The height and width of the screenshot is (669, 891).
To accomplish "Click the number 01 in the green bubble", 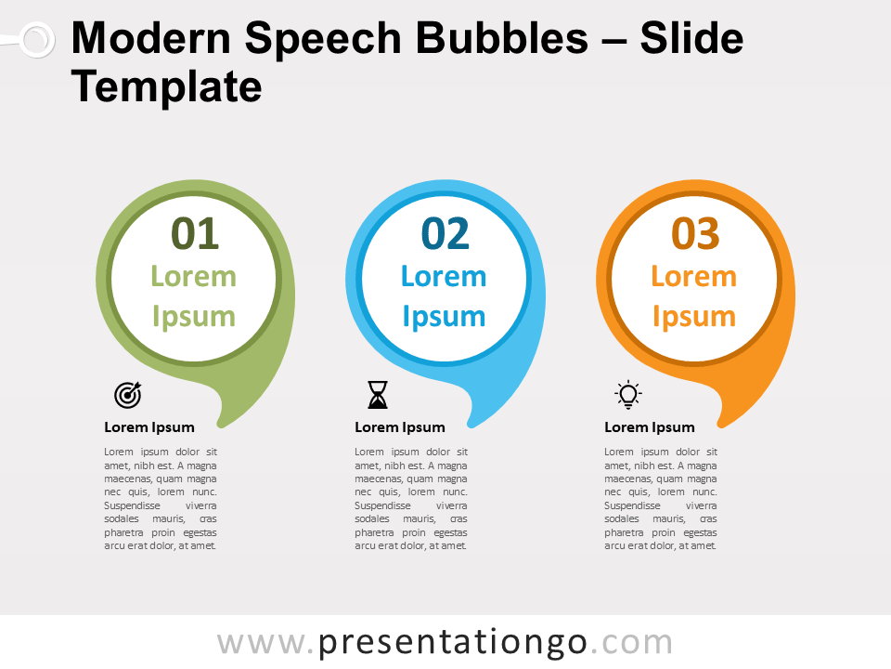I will click(x=195, y=234).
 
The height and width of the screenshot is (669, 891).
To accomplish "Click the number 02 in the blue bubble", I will click(x=445, y=234).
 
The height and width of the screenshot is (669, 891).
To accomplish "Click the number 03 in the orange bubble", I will click(x=695, y=234).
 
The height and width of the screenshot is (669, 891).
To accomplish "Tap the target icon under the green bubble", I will click(x=128, y=395).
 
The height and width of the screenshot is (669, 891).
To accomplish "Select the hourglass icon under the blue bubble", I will click(x=378, y=395).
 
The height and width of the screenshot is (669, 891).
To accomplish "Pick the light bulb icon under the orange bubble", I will click(x=628, y=394).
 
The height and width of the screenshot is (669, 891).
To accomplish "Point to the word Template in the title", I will click(x=166, y=86).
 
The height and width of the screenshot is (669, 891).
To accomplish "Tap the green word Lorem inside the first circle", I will click(x=194, y=276).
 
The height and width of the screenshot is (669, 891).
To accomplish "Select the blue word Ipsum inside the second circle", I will click(x=444, y=316).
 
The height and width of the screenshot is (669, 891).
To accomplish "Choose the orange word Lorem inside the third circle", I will click(x=693, y=276).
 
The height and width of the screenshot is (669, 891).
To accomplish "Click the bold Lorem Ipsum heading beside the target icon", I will click(x=149, y=427).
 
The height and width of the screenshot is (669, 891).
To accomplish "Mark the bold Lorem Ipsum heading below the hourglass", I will click(x=400, y=427).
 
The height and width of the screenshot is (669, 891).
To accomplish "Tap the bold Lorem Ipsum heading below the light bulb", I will click(x=650, y=427).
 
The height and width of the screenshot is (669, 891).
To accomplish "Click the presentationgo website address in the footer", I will click(x=445, y=642).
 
